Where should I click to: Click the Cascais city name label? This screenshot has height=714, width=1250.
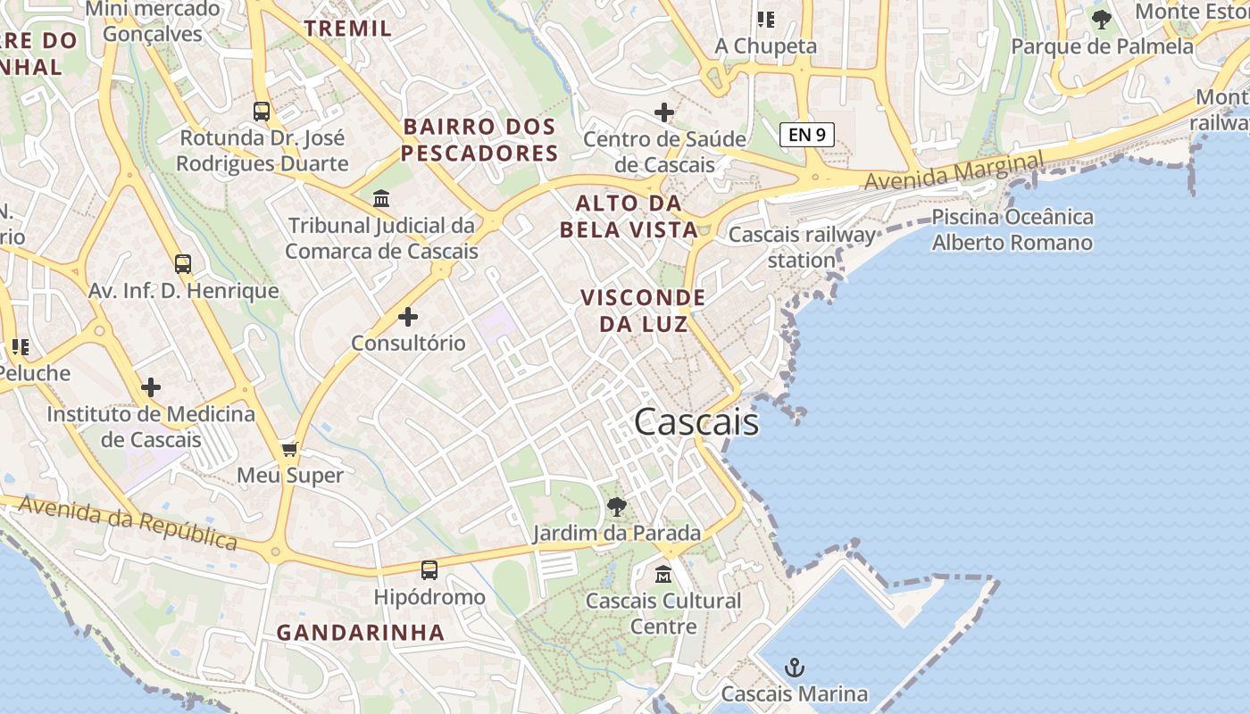(696, 422)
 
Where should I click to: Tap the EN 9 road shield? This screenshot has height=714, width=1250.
(807, 135)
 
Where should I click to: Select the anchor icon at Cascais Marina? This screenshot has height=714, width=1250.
(794, 667)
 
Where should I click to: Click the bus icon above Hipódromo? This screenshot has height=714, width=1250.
(429, 569)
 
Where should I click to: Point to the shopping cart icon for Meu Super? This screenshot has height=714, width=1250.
(289, 448)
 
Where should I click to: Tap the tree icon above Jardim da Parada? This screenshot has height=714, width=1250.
(616, 507)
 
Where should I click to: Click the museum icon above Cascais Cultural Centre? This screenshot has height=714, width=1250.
(663, 574)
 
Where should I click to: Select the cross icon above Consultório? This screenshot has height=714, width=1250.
(408, 316)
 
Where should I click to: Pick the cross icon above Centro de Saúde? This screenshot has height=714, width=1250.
(663, 112)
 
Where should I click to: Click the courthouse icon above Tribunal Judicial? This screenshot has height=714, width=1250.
(381, 197)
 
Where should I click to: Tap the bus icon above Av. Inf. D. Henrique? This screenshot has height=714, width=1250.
(183, 264)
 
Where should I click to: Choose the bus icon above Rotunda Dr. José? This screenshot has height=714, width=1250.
(262, 112)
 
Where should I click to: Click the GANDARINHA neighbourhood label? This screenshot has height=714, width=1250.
(360, 633)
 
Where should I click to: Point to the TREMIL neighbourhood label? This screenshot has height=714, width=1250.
(348, 28)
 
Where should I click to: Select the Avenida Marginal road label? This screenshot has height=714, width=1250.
(953, 171)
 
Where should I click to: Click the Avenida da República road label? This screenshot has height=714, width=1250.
(129, 522)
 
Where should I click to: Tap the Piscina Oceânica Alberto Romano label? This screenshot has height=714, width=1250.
(1012, 229)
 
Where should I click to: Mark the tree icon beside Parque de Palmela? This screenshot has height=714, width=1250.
(1102, 19)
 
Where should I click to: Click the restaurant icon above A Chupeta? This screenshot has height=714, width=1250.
(766, 19)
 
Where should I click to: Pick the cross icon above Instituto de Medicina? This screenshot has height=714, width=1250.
(151, 387)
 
